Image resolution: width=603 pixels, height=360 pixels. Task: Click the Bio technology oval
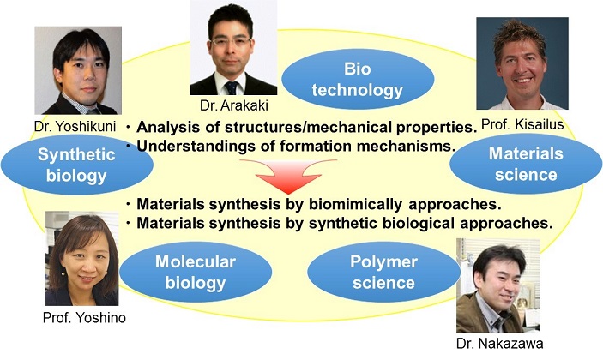[358, 79]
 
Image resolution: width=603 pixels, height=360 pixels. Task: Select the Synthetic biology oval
[77, 165]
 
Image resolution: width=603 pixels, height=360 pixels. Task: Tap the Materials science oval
[526, 164]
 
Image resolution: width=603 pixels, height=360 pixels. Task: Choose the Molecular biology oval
[196, 272]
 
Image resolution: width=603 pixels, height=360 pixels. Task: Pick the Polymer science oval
[383, 272]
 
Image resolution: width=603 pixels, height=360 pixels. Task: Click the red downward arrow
[288, 176]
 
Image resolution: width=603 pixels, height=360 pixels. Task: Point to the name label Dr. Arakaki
[234, 105]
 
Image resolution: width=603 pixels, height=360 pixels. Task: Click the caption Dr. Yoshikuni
[75, 126]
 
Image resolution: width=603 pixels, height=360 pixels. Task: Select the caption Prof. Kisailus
[522, 124]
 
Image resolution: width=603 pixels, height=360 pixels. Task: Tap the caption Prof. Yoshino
[84, 317]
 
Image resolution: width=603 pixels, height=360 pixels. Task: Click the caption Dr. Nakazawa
[499, 343]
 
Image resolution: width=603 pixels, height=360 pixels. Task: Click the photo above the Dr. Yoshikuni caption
[78, 70]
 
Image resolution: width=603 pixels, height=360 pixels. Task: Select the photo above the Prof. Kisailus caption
[522, 63]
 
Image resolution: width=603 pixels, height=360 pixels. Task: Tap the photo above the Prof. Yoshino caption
[81, 258]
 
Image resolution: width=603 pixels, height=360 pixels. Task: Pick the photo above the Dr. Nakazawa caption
[498, 285]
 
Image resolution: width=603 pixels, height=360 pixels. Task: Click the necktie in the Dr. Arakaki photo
[232, 88]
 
